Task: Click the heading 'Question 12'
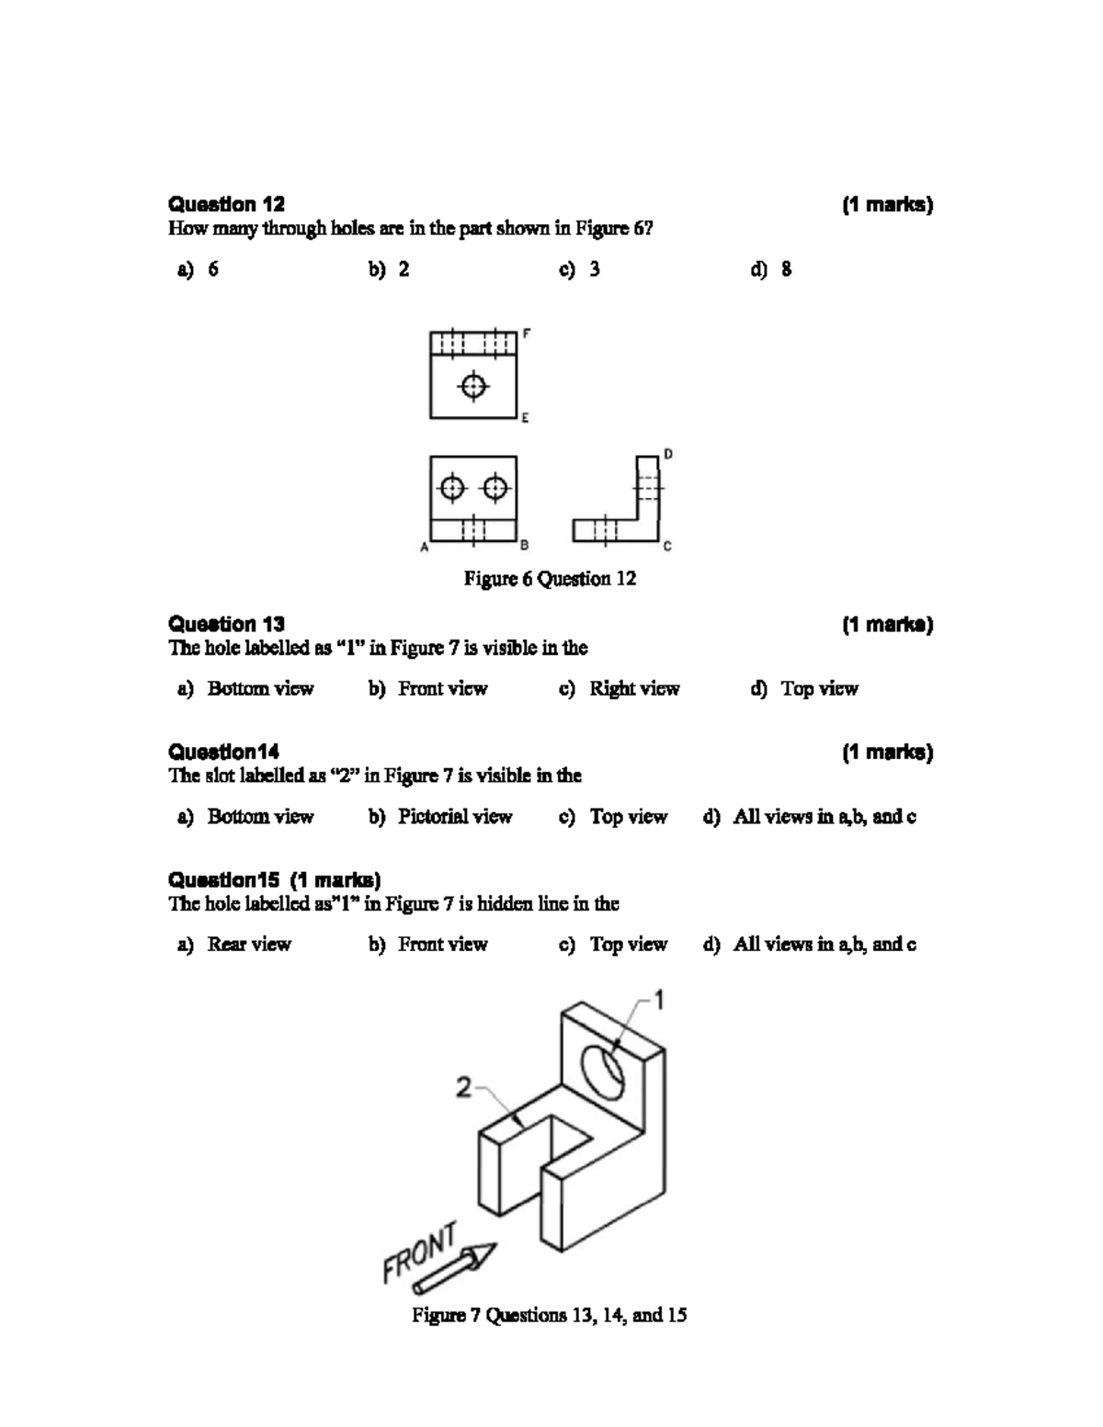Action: [226, 204]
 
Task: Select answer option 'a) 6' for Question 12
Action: [199, 269]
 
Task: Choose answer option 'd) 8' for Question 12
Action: [771, 269]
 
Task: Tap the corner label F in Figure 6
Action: [527, 334]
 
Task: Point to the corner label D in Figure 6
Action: [668, 454]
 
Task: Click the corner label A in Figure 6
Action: [424, 548]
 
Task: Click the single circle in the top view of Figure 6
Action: [473, 385]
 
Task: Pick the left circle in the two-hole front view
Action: [452, 487]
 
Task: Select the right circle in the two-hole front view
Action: [495, 487]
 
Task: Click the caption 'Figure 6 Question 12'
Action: [550, 579]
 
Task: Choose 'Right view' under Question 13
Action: [633, 689]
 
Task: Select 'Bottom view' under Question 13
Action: [259, 689]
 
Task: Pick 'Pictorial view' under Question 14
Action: [454, 817]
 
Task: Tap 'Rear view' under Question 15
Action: [248, 945]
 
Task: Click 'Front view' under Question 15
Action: [442, 945]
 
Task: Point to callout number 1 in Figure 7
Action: [659, 1000]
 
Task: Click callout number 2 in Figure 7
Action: [464, 1088]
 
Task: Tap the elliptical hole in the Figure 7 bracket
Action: [604, 1070]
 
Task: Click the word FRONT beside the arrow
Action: [419, 1252]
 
